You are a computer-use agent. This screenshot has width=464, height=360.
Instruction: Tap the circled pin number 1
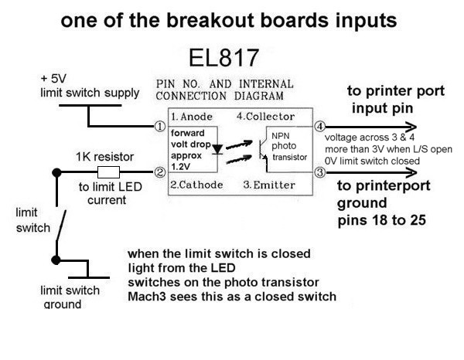[160, 126]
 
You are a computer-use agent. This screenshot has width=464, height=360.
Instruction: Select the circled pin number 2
[160, 172]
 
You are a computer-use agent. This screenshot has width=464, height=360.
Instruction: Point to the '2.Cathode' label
[196, 185]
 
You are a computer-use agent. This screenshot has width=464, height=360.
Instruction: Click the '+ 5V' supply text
[55, 79]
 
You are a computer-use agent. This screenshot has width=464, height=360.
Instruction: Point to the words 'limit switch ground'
[70, 297]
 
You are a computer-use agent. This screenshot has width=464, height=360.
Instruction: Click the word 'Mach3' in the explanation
[146, 296]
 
